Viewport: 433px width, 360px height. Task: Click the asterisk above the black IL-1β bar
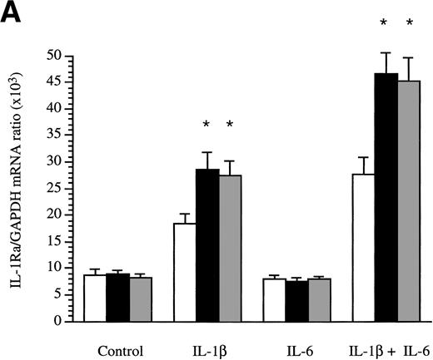point(207,126)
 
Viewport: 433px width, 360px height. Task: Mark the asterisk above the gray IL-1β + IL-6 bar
point(409,24)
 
